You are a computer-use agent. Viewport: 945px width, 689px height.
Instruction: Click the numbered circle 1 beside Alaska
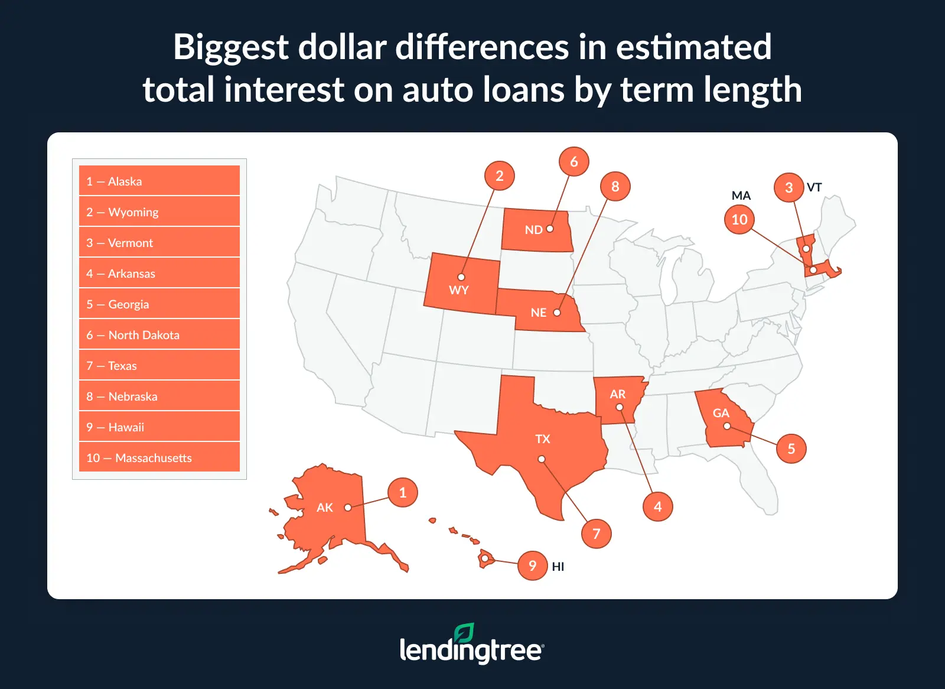[403, 492]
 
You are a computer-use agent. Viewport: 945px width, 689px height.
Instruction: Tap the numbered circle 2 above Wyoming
[500, 175]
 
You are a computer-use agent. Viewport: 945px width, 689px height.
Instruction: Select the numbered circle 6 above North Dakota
[574, 161]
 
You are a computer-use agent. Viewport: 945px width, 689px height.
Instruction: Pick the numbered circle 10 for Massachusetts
[739, 219]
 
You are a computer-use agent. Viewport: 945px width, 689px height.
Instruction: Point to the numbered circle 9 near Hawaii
[533, 565]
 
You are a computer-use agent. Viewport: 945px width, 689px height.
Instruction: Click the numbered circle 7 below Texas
[597, 534]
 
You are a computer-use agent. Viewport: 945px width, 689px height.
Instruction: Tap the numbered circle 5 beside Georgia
[791, 448]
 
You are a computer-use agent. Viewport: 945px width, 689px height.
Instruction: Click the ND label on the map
[533, 230]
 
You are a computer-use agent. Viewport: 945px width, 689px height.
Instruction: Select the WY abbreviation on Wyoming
[458, 290]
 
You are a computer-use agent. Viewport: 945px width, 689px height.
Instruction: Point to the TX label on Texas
[542, 439]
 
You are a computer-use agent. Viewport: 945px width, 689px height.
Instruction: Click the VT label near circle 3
[814, 187]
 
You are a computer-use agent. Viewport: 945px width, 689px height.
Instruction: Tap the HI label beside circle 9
[558, 567]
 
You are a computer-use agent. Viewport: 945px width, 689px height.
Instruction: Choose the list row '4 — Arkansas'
[159, 274]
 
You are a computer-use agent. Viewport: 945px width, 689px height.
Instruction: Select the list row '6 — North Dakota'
[159, 335]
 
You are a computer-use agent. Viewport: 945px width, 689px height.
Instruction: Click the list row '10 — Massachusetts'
[159, 458]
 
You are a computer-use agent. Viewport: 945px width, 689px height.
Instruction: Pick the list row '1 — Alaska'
[159, 181]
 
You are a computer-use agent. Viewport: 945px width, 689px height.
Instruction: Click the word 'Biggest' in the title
[231, 47]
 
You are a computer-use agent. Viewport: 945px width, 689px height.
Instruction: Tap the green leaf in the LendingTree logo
[464, 633]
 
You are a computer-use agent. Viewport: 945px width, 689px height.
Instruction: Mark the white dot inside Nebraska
[557, 313]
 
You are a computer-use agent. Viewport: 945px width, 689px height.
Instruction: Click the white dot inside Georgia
[727, 426]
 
